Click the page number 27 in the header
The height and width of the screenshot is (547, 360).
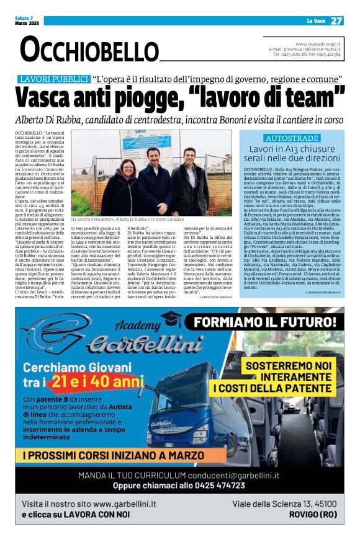[336, 20]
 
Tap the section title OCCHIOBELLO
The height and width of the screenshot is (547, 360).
[83, 49]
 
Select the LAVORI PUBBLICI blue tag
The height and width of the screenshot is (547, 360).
[54, 79]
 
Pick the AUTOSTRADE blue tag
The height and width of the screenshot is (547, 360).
[292, 138]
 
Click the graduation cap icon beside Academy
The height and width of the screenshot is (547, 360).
[170, 319]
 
